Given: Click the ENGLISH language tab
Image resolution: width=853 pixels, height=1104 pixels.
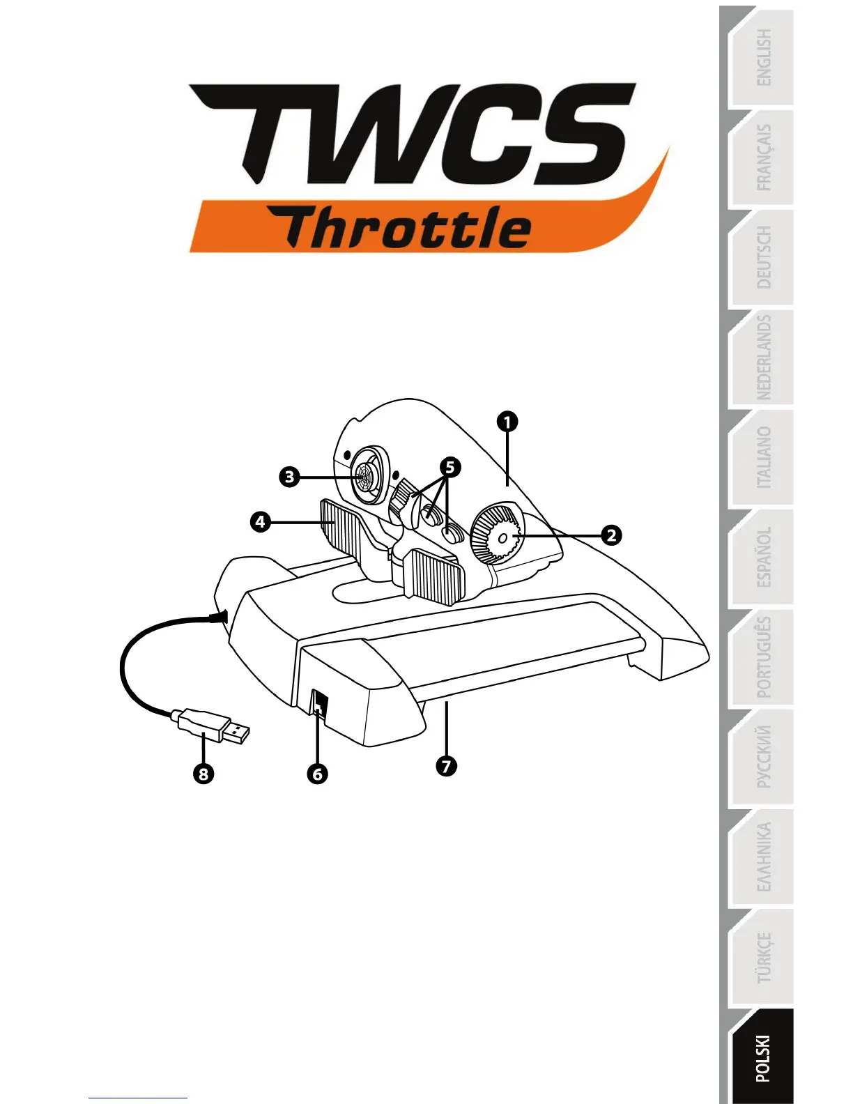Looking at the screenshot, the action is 762,58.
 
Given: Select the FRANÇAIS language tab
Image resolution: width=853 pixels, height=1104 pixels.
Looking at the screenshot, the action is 762,158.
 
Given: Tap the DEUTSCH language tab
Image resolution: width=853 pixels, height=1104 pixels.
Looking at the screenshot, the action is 762,257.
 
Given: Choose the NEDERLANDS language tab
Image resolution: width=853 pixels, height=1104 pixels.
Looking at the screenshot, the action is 762,358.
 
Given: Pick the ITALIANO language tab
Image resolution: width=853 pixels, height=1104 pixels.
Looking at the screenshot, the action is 762,457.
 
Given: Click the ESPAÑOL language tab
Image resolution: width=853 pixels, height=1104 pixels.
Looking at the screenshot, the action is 762,557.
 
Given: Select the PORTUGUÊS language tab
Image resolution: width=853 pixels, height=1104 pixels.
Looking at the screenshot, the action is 762,657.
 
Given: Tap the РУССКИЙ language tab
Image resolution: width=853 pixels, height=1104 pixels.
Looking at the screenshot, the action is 762,757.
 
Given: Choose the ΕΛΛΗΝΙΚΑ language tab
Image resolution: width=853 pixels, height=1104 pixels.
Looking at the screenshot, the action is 762,857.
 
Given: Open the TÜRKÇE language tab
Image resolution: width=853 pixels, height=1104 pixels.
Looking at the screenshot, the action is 762,957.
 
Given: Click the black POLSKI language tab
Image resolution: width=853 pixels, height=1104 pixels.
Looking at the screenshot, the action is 762,1058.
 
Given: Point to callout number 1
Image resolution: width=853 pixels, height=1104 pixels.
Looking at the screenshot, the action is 507,422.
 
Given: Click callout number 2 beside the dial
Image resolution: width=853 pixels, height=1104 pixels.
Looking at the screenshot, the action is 611,535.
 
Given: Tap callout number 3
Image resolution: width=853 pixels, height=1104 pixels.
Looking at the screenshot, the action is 289,477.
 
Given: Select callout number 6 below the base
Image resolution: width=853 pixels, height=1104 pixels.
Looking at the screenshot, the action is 317,774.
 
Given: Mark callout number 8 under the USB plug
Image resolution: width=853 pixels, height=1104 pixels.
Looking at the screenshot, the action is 203,774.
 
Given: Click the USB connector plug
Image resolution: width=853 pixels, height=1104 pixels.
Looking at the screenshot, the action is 213,726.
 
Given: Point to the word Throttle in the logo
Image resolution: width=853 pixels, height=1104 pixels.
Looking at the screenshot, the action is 408,228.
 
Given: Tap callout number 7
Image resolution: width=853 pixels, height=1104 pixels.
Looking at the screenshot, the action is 446,766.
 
